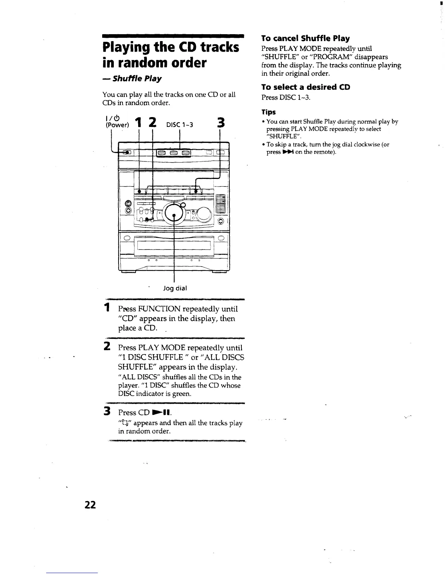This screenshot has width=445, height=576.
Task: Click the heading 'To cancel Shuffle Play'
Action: pyautogui.click(x=305, y=38)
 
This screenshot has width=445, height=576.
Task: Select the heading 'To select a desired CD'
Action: pyautogui.click(x=305, y=87)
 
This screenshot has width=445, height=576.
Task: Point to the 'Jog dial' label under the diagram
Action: pyautogui.click(x=175, y=288)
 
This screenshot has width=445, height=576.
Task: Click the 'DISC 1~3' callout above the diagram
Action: pyautogui.click(x=179, y=125)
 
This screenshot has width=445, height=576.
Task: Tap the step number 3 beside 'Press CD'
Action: pyautogui.click(x=107, y=412)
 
